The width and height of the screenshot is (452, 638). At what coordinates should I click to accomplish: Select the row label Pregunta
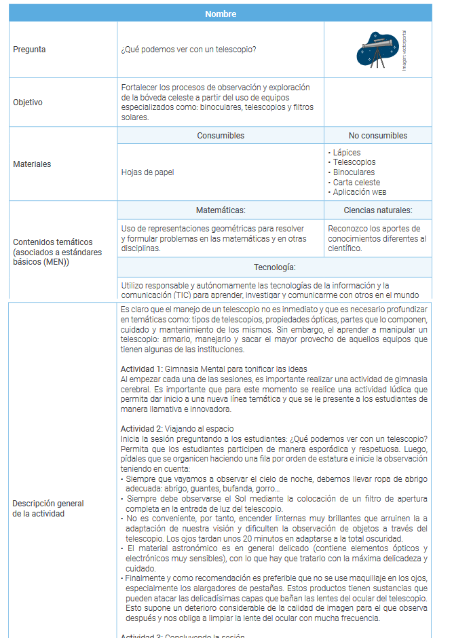tap(30, 50)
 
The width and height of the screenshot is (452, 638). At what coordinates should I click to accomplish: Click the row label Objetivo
tap(28, 102)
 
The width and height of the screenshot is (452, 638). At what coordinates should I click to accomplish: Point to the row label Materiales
tap(32, 164)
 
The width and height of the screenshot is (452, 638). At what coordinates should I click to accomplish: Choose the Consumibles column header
tap(221, 136)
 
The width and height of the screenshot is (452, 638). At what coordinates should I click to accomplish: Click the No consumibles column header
tap(377, 136)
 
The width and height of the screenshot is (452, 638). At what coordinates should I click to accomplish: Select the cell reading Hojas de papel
tap(147, 172)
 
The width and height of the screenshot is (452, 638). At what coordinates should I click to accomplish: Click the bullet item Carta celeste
tap(356, 183)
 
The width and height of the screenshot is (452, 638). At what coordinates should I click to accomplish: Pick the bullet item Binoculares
tap(353, 172)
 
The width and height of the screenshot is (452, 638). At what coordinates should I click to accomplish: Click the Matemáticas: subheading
tap(221, 210)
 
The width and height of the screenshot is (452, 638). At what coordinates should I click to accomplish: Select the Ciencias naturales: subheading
tap(377, 210)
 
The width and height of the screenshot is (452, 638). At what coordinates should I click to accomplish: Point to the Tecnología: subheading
tap(274, 267)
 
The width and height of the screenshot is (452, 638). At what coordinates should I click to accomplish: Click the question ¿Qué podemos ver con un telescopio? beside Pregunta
tap(189, 50)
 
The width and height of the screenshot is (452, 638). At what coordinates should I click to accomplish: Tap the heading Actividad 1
tap(142, 369)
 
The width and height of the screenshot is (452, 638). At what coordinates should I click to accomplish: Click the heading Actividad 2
tap(142, 429)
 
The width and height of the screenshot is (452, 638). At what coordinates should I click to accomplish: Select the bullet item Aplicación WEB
tap(360, 192)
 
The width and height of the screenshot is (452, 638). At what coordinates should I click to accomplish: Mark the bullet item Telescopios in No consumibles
tap(354, 162)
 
